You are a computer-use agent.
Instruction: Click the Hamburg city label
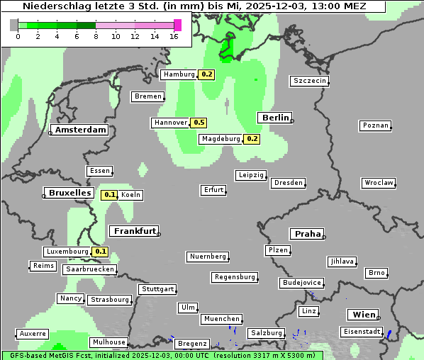(178, 74)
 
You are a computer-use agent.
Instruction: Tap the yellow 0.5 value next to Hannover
(199, 123)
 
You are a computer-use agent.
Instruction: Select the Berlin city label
(275, 118)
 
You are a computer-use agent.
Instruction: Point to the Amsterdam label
(81, 130)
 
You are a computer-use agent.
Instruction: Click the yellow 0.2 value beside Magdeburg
(252, 139)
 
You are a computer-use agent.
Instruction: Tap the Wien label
(364, 315)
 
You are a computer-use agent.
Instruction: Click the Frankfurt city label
(133, 231)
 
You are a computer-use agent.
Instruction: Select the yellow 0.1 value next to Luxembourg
(100, 252)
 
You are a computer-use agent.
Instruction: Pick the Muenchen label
(222, 320)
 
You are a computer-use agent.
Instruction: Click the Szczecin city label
(310, 81)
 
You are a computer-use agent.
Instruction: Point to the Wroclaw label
(379, 183)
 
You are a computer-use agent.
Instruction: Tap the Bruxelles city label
(69, 193)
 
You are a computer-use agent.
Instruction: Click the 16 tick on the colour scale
(174, 35)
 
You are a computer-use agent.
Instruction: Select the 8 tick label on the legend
(96, 35)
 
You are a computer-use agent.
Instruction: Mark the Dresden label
(288, 183)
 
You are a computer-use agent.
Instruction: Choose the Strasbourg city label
(109, 300)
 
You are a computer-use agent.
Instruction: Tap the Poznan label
(375, 125)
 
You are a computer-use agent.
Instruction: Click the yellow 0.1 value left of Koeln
(110, 195)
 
